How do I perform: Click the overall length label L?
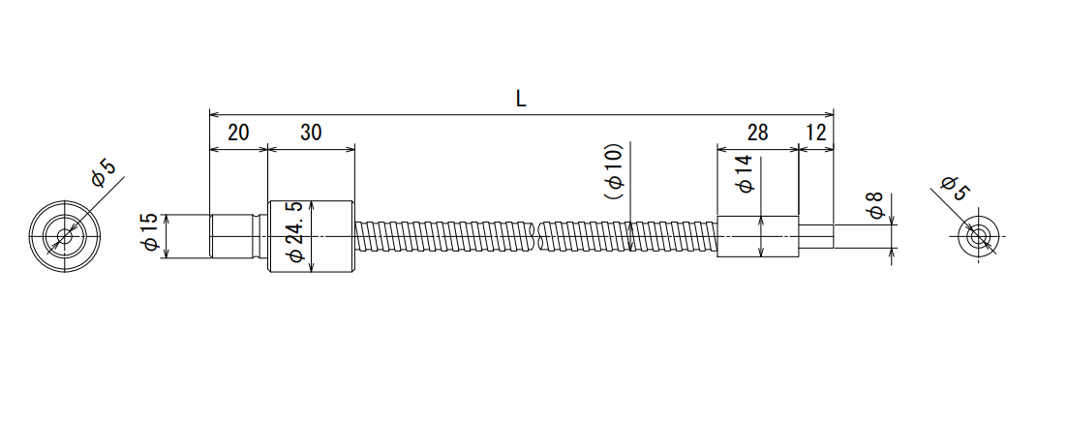pos(521,100)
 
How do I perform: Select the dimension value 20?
pos(238,133)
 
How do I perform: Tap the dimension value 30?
pos(310,133)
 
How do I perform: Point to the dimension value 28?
pos(757,133)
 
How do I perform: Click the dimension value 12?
pos(816,133)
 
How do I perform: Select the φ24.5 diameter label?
pos(295,232)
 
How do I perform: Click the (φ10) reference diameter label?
pos(614,170)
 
